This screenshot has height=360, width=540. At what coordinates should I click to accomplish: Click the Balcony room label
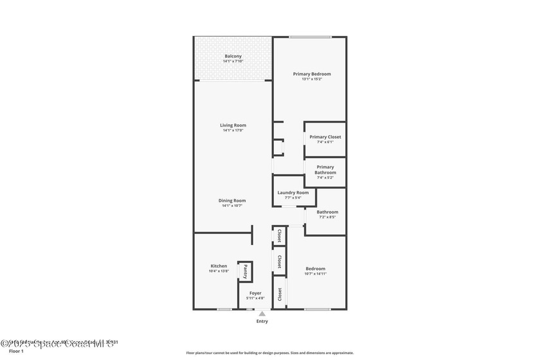(233, 56)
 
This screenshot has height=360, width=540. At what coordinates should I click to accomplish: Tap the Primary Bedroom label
(312, 74)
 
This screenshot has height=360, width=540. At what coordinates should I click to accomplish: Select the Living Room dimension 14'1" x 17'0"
(233, 130)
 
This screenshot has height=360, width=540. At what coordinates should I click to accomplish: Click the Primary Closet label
(325, 137)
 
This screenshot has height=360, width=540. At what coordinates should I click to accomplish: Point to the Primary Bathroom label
(325, 170)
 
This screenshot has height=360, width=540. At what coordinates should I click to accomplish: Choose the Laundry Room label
(293, 193)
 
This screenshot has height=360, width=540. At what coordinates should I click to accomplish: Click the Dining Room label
(233, 201)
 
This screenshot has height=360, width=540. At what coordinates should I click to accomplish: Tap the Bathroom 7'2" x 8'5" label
(327, 214)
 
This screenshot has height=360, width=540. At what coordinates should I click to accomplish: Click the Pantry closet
(245, 271)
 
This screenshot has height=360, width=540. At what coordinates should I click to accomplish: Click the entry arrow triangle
(262, 314)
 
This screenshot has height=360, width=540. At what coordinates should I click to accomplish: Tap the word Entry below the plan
(262, 321)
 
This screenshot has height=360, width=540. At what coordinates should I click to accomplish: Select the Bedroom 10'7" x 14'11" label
(315, 271)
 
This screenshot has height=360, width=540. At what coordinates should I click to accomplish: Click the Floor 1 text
(16, 351)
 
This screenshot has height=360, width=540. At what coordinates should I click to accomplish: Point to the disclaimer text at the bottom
(269, 353)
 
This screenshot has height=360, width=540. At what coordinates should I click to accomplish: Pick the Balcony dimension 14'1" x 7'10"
(233, 61)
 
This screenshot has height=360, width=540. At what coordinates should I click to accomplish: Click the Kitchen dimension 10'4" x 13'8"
(219, 271)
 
